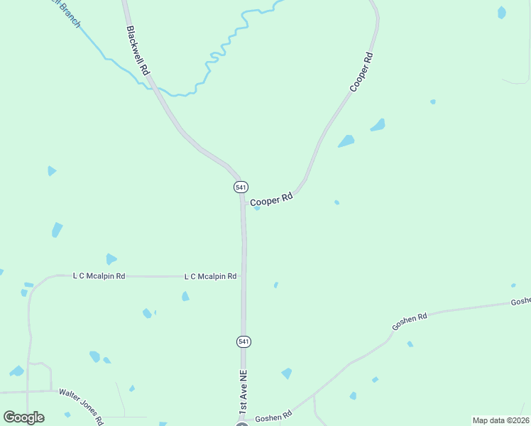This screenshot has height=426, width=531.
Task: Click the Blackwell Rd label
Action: [x=138, y=50]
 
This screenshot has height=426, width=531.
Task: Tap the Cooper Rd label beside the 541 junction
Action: [x=271, y=199]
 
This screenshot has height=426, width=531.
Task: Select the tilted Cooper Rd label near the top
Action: [x=361, y=71]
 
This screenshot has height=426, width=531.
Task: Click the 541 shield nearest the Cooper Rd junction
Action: [x=241, y=187]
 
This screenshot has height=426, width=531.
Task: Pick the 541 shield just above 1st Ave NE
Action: [x=243, y=342]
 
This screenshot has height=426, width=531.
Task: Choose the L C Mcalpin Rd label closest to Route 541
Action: [x=210, y=276]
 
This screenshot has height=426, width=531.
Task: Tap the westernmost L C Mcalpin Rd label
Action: [x=99, y=275]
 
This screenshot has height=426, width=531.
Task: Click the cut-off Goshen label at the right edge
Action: [x=520, y=302]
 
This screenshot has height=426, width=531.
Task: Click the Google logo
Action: [x=23, y=417]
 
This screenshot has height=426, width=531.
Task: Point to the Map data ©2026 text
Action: [x=501, y=420]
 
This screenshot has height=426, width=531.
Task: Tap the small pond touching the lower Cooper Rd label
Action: [x=257, y=208]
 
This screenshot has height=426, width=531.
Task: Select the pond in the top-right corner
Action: [x=502, y=12]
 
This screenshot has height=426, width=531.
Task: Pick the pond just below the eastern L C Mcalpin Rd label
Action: [x=185, y=296]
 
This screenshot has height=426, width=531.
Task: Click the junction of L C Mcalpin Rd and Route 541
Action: [x=243, y=276]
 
